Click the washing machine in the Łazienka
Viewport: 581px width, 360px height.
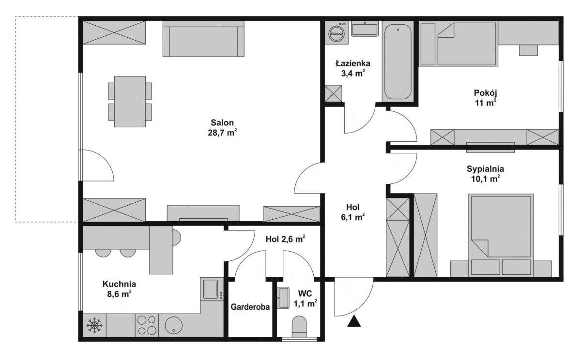pos(336,33)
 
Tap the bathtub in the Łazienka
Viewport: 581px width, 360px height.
pos(398,61)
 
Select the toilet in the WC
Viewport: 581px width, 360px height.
pos(299,327)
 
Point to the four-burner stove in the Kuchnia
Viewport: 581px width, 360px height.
pos(147,325)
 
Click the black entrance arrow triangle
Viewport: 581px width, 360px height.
pos(354,321)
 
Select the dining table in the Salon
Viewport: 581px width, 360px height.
pos(130,102)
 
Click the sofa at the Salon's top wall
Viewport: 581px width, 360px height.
pos(204,39)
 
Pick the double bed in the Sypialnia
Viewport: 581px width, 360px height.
pos(501,235)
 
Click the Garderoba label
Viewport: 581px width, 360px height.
pos(250,307)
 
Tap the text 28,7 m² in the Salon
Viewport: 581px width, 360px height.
pos(222,133)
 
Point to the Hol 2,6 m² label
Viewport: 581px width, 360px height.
pos(285,239)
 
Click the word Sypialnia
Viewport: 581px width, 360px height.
pos(485,169)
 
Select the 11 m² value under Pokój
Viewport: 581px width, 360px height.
pos(486,103)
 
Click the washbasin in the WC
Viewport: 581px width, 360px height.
pos(283,298)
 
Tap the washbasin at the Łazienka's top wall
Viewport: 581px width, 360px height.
pos(365,29)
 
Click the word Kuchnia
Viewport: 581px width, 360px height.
pos(119,284)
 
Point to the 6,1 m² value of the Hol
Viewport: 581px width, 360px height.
pos(353,217)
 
